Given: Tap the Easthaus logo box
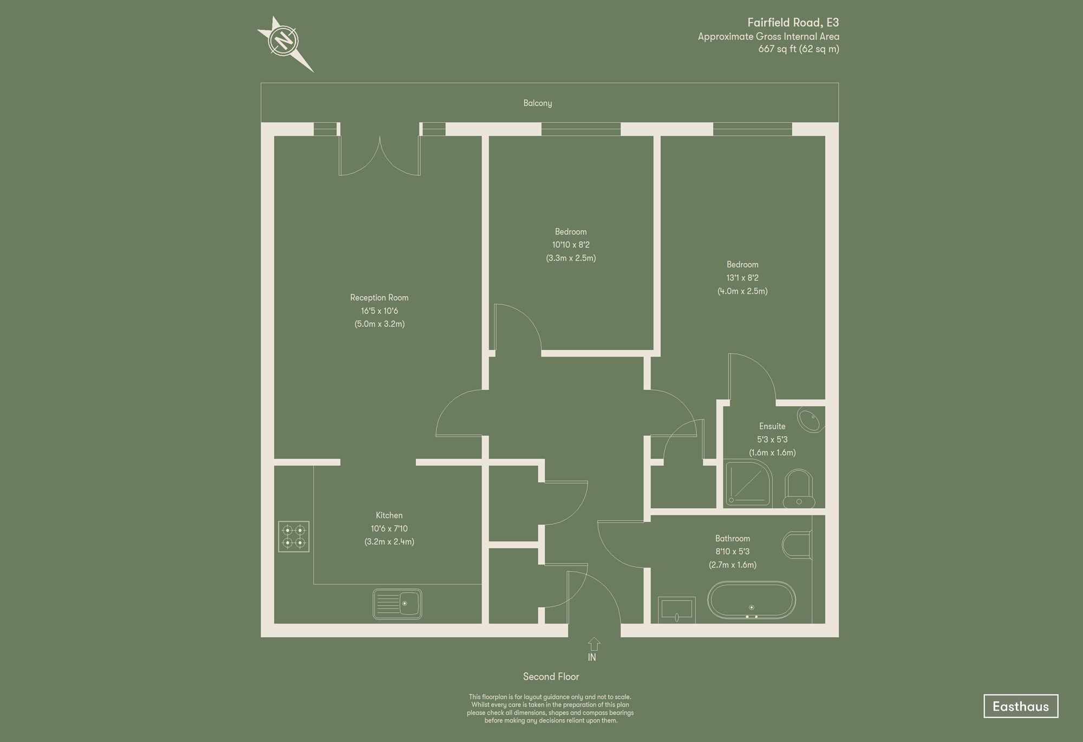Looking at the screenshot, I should click(x=1020, y=706).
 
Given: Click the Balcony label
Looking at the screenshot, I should click(x=538, y=103).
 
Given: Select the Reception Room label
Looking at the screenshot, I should click(x=379, y=298).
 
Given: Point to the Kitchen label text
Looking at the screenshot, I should click(x=389, y=515).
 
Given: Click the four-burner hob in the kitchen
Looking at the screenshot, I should click(x=293, y=536).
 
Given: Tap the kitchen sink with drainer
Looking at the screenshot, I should click(x=397, y=603).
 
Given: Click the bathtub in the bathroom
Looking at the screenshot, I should click(x=752, y=600).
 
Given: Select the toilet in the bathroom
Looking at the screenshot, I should click(x=797, y=544).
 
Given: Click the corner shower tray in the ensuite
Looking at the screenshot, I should click(x=747, y=483).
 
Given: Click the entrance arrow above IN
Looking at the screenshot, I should click(x=593, y=643).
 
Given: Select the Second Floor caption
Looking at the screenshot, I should click(x=551, y=677).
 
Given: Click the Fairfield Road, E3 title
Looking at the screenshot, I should click(x=793, y=23).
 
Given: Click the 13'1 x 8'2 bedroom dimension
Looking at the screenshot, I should click(x=742, y=278).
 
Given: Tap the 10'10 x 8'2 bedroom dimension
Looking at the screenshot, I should click(x=571, y=245).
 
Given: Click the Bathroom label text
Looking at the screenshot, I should click(x=732, y=539).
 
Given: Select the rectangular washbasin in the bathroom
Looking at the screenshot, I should click(x=676, y=609).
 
